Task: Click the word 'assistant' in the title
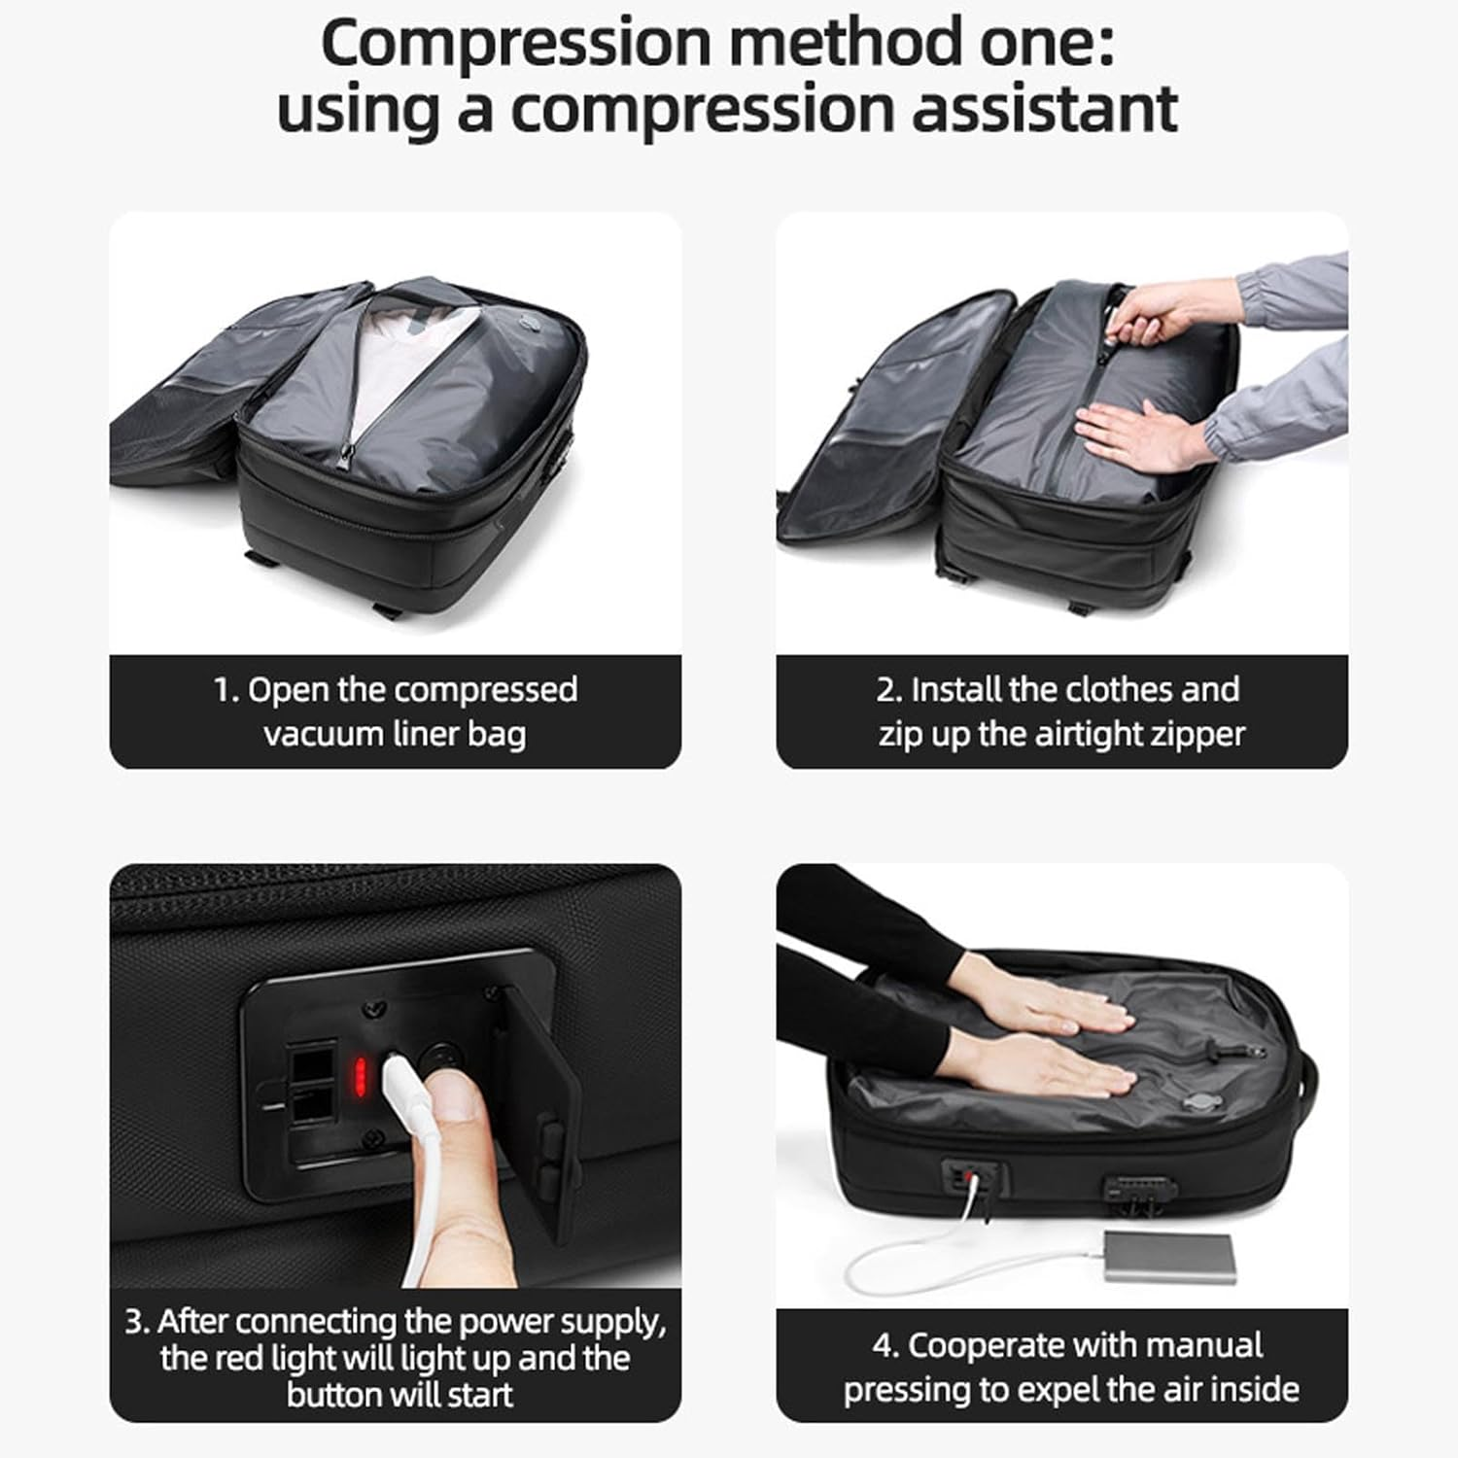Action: (x=1044, y=110)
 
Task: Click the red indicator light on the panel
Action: (x=360, y=1076)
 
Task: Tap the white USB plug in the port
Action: (x=400, y=1083)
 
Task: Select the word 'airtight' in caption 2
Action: (x=1088, y=733)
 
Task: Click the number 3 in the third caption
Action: (x=136, y=1322)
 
